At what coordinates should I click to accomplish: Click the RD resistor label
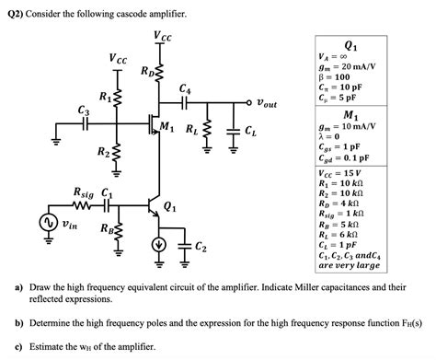click(x=148, y=70)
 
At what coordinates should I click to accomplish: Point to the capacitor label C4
click(x=186, y=88)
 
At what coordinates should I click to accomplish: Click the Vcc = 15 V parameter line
click(x=342, y=172)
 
